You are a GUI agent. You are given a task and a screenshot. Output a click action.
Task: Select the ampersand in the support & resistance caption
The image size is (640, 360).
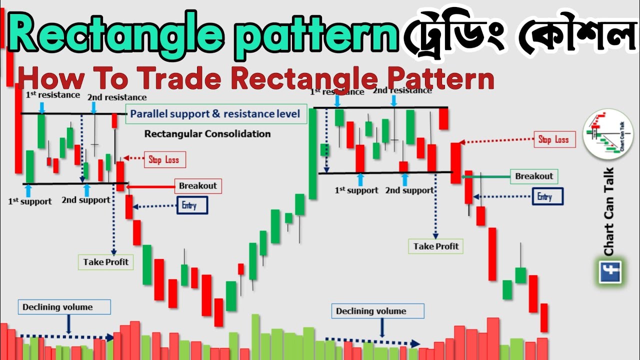(x=216, y=114)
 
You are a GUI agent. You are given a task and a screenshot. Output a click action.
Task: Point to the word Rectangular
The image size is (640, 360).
(x=172, y=134)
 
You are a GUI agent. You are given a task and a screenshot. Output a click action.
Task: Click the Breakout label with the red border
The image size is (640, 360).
(x=198, y=186)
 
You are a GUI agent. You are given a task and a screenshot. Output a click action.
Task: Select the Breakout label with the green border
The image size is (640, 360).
(x=534, y=176)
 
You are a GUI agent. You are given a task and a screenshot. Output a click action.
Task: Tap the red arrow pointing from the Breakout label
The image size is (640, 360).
(x=150, y=187)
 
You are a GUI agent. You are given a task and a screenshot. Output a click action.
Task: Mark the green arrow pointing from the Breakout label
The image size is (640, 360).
(x=485, y=176)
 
